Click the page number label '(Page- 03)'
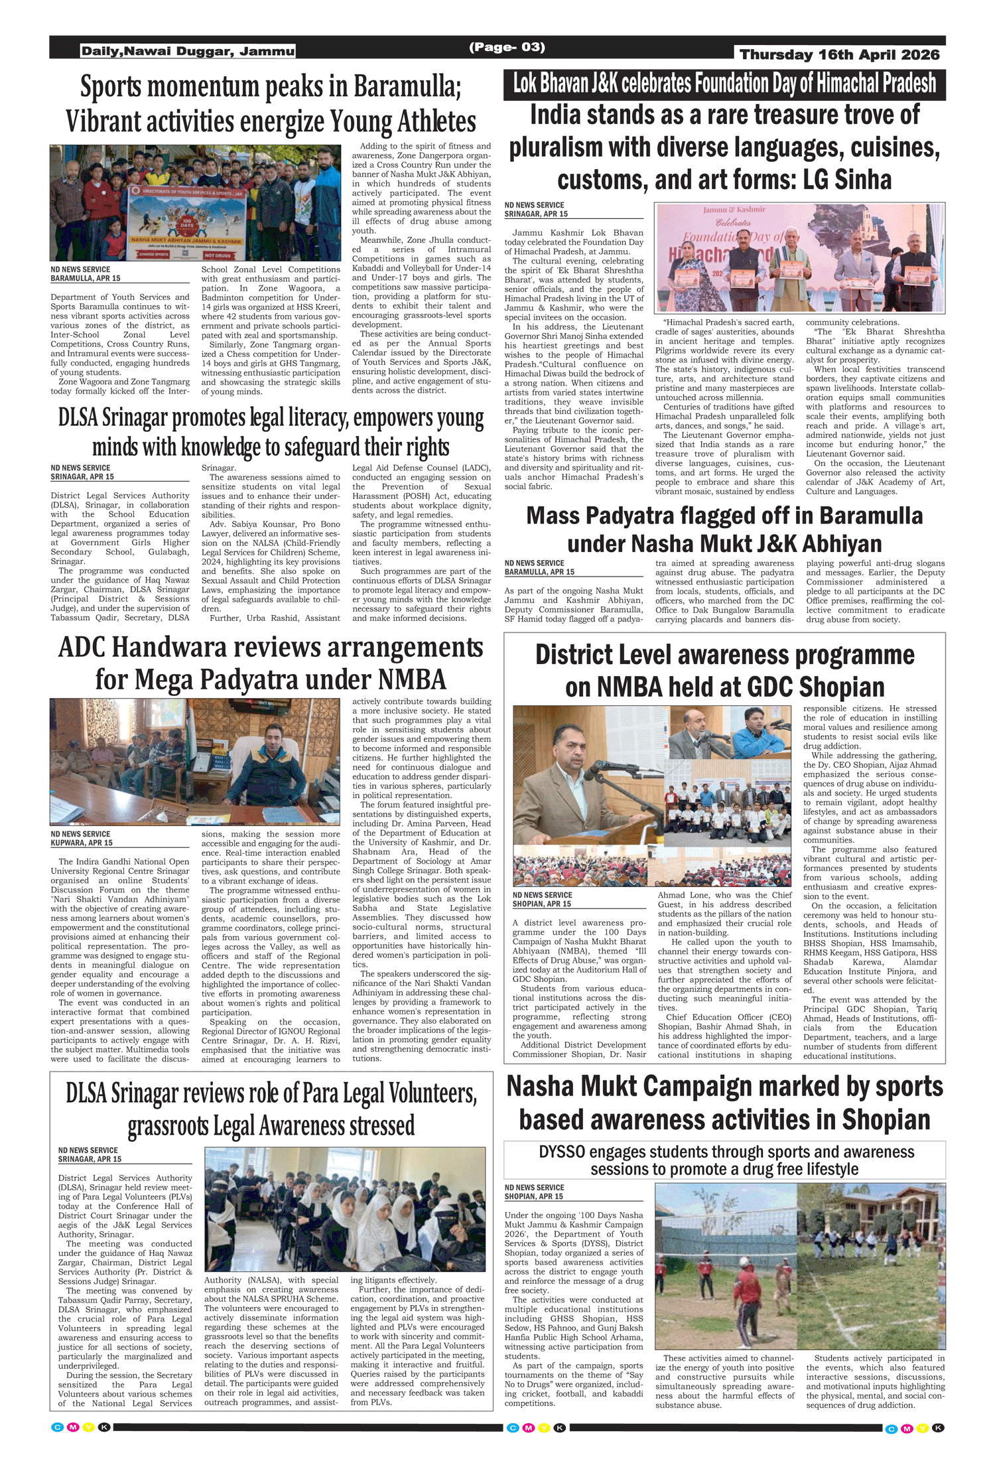507,47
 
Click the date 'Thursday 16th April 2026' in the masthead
839,54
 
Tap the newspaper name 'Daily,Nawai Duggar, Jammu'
188,51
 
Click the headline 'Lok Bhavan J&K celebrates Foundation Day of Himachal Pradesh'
724,84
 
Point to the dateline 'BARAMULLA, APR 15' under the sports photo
86,279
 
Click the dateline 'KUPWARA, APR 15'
82,843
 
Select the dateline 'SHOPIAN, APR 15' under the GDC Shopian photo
541,904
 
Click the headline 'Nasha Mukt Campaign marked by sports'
724,1087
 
